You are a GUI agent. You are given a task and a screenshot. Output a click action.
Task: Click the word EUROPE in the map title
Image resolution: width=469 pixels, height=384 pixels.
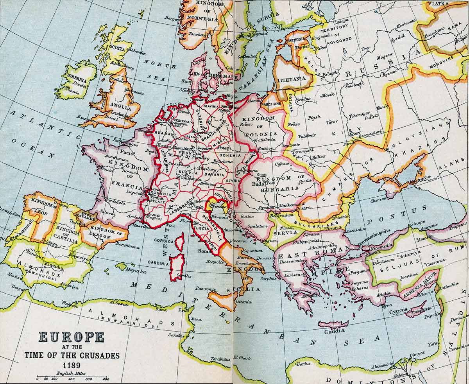71,337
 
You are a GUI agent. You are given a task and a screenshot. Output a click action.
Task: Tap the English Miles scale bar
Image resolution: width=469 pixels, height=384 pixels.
72,379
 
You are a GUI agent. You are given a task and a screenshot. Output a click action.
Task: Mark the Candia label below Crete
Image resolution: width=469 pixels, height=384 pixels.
335,331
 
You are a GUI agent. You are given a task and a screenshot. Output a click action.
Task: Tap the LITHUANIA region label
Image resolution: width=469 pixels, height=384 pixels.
291,79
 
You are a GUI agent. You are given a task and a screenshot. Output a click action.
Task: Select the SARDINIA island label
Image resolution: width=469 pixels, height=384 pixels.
158,263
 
